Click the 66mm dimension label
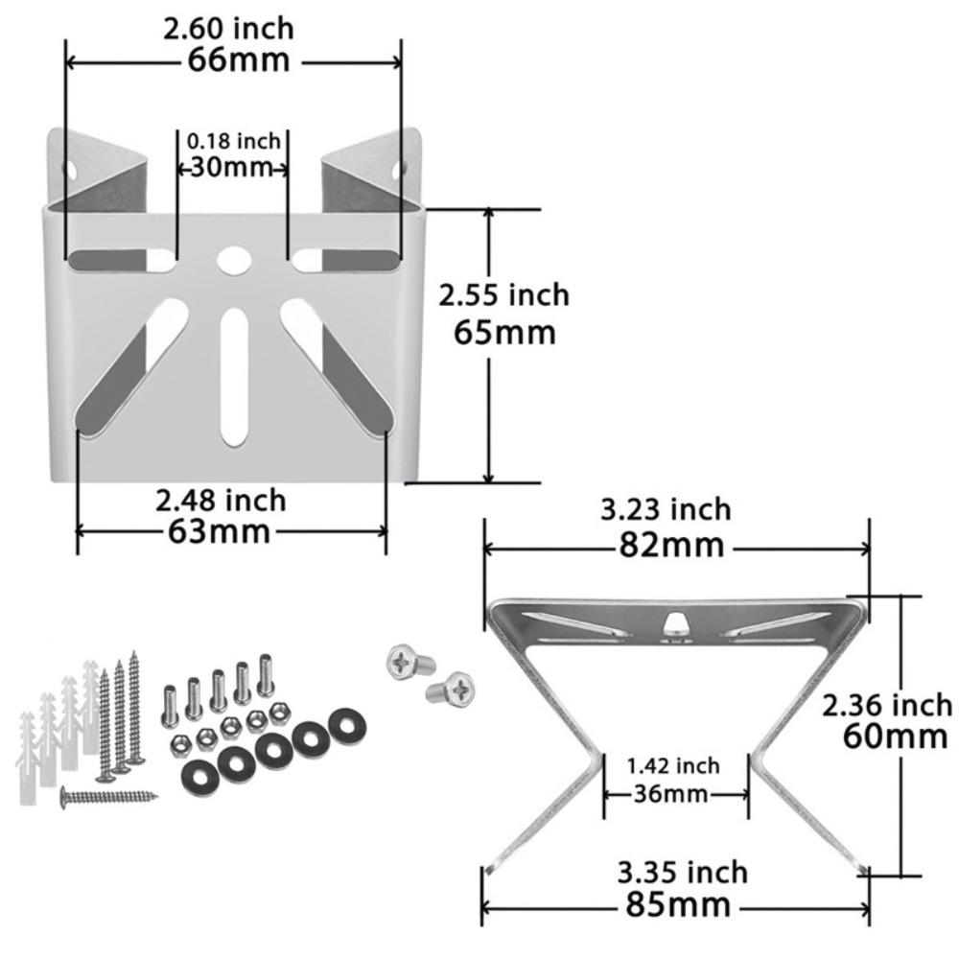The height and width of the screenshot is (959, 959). click(x=237, y=59)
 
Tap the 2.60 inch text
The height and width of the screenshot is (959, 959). click(x=228, y=29)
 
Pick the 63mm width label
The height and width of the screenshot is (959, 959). click(x=220, y=529)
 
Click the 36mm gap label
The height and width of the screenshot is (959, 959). click(x=671, y=794)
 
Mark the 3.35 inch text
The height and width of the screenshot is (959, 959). click(x=682, y=873)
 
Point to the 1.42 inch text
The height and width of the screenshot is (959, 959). click(x=673, y=765)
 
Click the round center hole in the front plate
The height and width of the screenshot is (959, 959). click(x=231, y=258)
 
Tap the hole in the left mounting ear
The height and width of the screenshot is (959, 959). click(x=72, y=169)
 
